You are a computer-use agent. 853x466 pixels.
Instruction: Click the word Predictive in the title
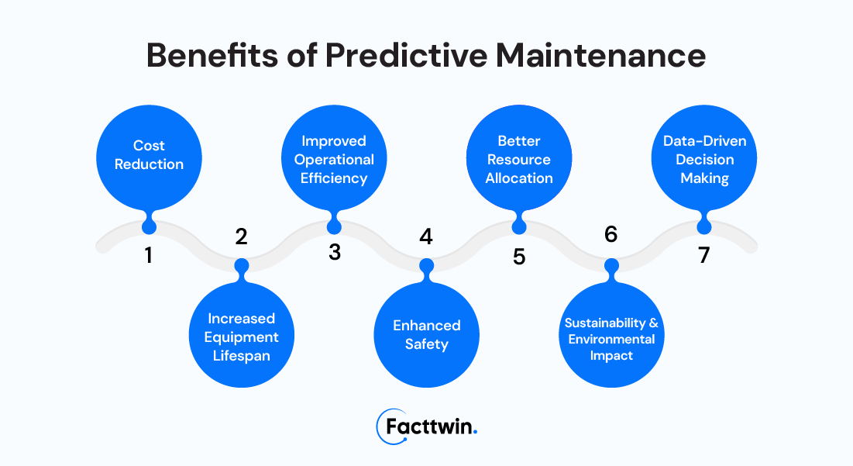(x=406, y=55)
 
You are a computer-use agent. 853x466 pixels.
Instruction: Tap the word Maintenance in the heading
(x=600, y=55)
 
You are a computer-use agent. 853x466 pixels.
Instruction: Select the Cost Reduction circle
(x=149, y=157)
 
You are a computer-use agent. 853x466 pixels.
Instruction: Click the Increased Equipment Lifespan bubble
(x=242, y=335)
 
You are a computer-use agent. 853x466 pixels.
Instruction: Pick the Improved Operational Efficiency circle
(x=334, y=157)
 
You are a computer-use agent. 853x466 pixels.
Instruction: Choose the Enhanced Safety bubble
(x=426, y=335)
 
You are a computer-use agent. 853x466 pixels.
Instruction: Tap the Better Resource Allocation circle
(x=519, y=157)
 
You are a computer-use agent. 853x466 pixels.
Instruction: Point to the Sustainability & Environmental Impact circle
(x=611, y=335)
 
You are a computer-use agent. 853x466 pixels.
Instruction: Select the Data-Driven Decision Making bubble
(x=704, y=157)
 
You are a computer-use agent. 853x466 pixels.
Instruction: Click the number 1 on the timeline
(x=149, y=255)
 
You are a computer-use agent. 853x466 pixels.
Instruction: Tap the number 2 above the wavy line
(x=241, y=236)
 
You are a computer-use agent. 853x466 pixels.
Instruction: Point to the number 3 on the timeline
(x=335, y=252)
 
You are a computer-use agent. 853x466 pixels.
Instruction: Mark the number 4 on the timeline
(x=426, y=236)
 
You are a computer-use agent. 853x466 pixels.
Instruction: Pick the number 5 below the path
(x=519, y=257)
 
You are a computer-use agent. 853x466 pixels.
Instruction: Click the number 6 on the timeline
(x=611, y=234)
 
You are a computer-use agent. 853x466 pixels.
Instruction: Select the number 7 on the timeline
(x=704, y=255)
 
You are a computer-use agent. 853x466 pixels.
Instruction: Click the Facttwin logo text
(x=431, y=426)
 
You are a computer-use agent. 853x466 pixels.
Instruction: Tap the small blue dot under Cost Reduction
(x=149, y=226)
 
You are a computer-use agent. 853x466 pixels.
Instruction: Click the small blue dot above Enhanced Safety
(x=426, y=266)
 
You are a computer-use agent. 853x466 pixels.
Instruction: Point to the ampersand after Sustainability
(x=653, y=323)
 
